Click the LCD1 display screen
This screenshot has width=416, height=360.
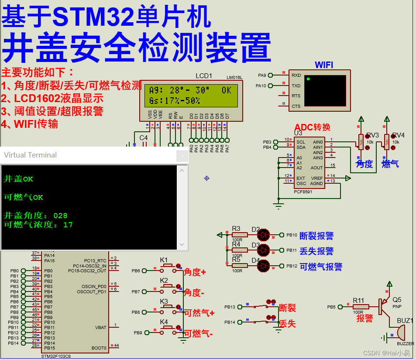(191, 96)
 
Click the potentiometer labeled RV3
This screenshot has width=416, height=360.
(361, 141)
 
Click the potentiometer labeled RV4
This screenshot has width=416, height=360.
(386, 141)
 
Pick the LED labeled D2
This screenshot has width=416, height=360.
(263, 235)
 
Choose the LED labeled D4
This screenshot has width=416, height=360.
(263, 265)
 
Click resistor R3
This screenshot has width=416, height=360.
(239, 235)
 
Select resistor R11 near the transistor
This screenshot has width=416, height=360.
(361, 307)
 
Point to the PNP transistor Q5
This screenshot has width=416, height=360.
(384, 307)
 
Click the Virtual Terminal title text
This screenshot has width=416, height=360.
(31, 155)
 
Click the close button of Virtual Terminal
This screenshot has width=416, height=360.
(182, 156)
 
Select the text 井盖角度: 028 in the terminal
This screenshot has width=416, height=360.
(35, 216)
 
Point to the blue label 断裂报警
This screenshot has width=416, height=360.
(316, 236)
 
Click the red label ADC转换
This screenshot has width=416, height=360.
(312, 127)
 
